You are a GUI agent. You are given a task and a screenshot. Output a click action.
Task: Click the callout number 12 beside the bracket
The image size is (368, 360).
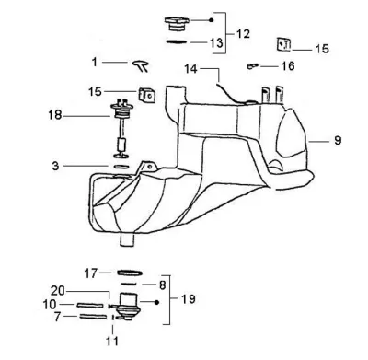pos(243,33)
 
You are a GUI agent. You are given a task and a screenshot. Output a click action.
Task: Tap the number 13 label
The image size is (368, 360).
pos(216,42)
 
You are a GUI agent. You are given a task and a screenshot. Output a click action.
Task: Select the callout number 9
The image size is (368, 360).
pos(338,141)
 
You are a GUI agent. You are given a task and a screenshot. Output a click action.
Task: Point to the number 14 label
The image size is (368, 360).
pos(190,69)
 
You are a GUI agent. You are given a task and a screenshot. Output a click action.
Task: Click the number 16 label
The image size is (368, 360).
pos(288,65)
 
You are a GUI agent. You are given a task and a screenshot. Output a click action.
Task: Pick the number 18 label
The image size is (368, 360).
pos(55,115)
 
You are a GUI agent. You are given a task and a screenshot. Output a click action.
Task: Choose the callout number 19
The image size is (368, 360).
pos(188,298)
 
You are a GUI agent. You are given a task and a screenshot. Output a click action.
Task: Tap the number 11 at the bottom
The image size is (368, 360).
pos(112,341)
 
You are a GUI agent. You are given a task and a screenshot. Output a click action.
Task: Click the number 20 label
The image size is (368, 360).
pos(58,291)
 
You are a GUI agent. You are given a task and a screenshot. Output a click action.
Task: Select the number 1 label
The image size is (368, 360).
pos(95,62)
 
